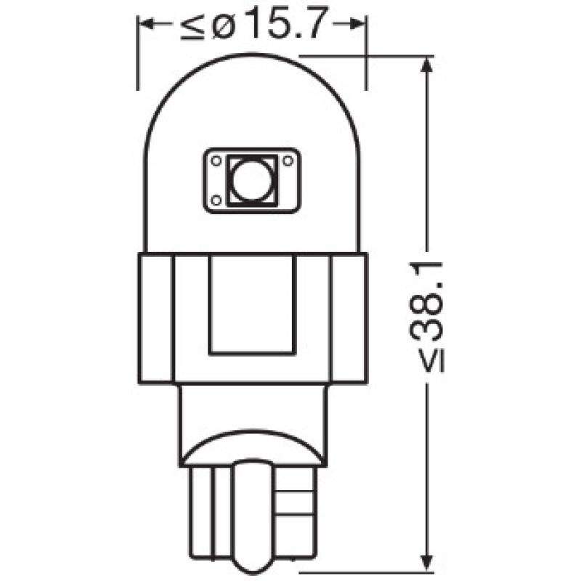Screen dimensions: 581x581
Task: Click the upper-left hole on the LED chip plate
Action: click(216, 162)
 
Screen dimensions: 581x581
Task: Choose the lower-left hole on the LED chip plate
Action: click(216, 199)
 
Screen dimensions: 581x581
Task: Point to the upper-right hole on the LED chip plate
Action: click(288, 162)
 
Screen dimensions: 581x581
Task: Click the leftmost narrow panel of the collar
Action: click(155, 317)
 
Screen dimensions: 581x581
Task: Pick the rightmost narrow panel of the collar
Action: click(349, 317)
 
